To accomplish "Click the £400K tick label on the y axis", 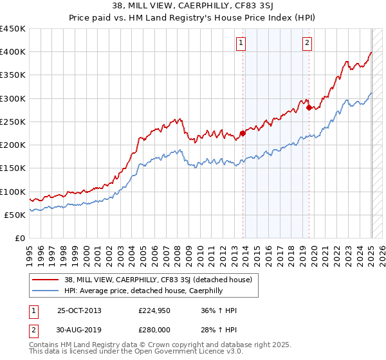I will [x=12, y=52].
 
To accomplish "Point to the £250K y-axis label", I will [x=12, y=122].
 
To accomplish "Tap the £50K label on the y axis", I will [x=15, y=215].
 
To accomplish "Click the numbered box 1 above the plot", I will [x=241, y=43].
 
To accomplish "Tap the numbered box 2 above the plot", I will [x=308, y=43].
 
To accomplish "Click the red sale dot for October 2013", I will [x=243, y=134].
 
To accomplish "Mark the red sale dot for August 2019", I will [x=309, y=108].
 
